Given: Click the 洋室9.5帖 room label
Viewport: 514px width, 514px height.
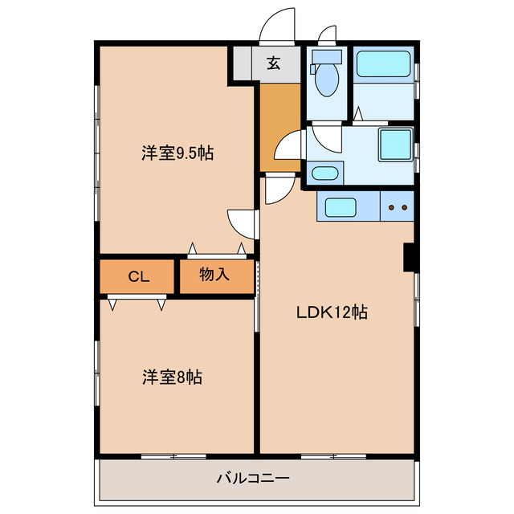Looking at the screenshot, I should pyautogui.click(x=177, y=152).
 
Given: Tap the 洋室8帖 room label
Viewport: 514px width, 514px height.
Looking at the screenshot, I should pyautogui.click(x=172, y=377).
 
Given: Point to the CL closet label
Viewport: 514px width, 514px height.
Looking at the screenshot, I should pyautogui.click(x=138, y=277).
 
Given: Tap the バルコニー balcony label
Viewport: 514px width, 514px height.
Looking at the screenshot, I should pyautogui.click(x=253, y=479).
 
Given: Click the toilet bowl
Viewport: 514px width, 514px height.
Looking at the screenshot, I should pyautogui.click(x=327, y=78).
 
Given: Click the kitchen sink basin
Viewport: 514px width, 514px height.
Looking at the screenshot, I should pyautogui.click(x=341, y=208).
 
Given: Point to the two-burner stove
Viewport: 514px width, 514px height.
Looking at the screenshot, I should pyautogui.click(x=398, y=208).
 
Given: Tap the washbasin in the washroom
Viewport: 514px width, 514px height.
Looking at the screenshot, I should pyautogui.click(x=324, y=173).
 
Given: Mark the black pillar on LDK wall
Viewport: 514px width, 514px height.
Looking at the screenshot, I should pyautogui.click(x=409, y=257).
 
